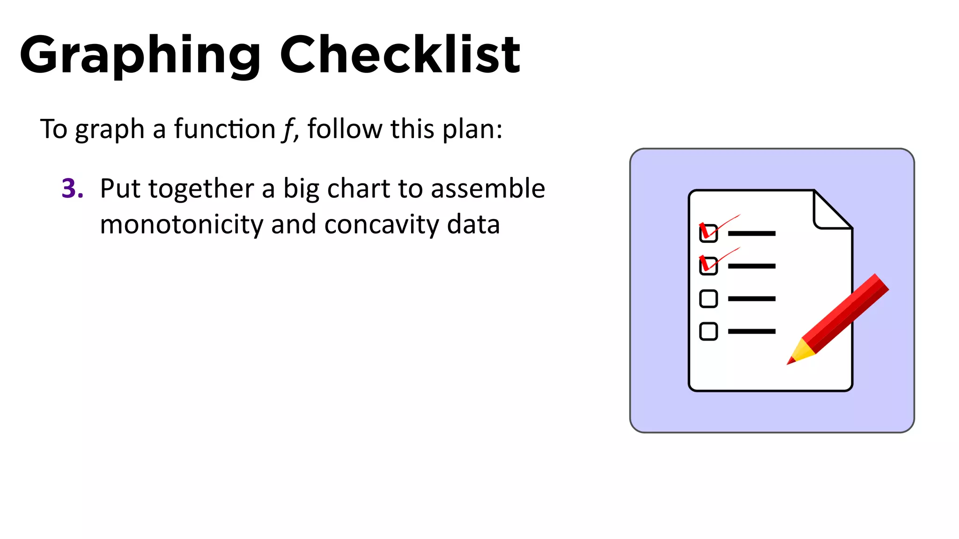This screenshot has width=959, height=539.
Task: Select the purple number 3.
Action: click(72, 189)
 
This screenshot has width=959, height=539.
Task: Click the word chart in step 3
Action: click(358, 189)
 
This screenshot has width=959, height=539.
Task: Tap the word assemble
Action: click(488, 189)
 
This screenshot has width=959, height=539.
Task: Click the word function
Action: click(225, 129)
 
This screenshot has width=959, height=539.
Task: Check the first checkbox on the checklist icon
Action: click(708, 233)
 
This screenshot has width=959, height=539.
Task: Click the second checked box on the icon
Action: click(708, 266)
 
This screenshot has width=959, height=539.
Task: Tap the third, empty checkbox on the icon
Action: click(708, 299)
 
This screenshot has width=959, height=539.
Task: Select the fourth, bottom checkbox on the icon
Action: click(708, 331)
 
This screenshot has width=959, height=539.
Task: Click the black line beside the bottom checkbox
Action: click(752, 331)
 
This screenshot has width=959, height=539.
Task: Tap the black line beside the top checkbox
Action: click(752, 233)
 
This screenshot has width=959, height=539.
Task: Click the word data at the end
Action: click(473, 225)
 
